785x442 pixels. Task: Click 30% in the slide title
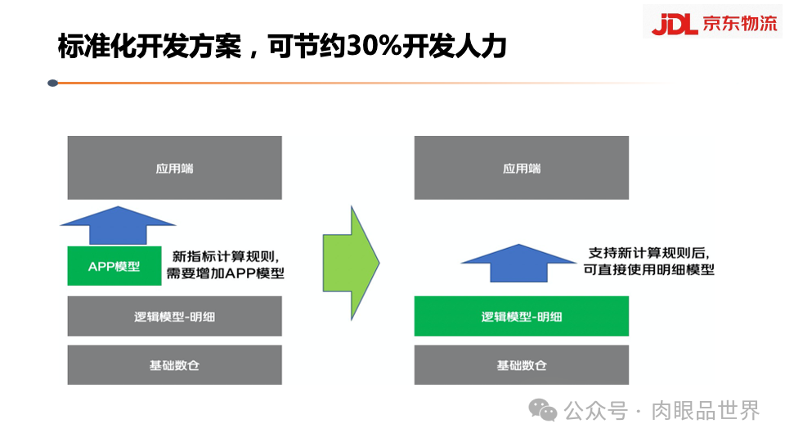(x=373, y=47)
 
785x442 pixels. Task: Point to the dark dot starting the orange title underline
(x=53, y=83)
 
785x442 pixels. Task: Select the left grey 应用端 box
(x=174, y=168)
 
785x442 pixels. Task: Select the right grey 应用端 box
(x=521, y=168)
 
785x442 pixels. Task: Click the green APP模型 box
(x=114, y=266)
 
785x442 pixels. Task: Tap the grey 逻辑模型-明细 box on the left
(x=174, y=316)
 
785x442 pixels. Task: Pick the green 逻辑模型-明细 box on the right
(x=521, y=316)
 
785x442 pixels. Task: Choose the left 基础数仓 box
(x=174, y=365)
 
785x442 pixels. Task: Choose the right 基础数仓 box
(x=521, y=365)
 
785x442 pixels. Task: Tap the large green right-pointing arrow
(x=351, y=262)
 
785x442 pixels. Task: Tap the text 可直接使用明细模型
(x=648, y=269)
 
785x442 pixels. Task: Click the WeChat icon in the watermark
(x=543, y=409)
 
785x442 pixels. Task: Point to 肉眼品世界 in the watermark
(x=706, y=409)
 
